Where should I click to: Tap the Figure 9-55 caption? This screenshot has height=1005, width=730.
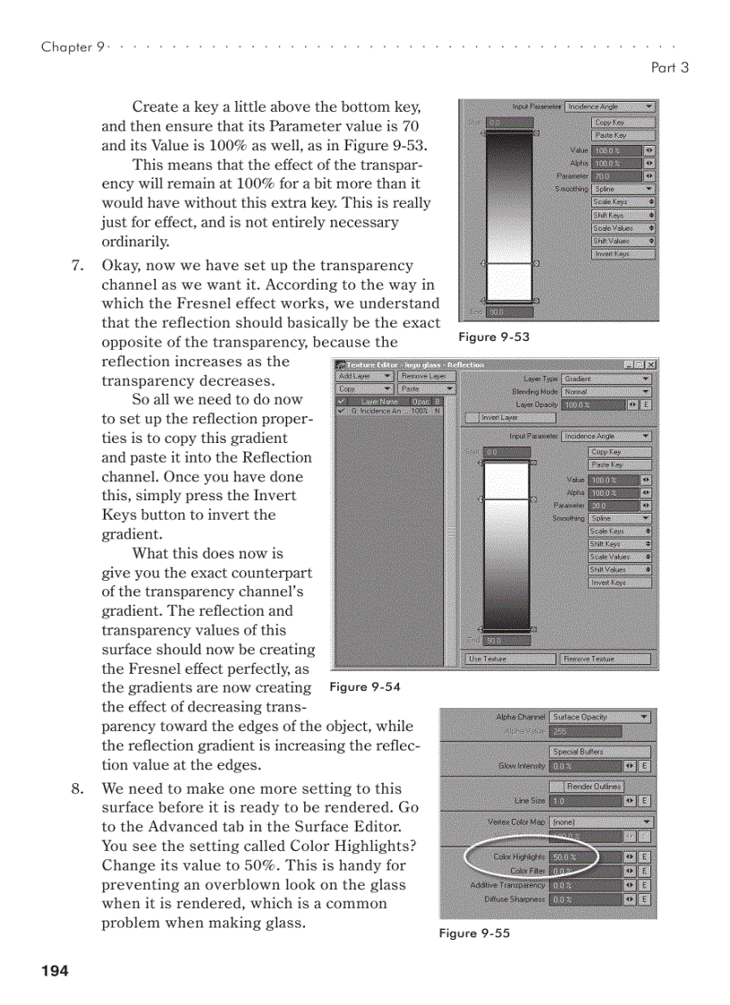474,933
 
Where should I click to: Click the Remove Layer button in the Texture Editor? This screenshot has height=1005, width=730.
426,377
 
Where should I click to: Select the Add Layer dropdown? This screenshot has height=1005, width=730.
364,377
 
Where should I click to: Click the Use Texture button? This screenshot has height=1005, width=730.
510,659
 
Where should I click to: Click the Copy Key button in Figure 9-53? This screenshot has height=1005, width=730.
622,122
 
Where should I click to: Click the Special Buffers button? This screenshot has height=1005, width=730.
585,752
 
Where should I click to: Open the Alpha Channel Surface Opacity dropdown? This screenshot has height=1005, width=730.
601,717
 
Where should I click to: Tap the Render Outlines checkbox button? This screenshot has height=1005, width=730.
593,787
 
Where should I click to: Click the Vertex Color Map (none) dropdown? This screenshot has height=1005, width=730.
601,822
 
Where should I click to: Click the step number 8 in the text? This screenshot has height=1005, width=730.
78,788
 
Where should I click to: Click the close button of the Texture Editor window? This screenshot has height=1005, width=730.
651,365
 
